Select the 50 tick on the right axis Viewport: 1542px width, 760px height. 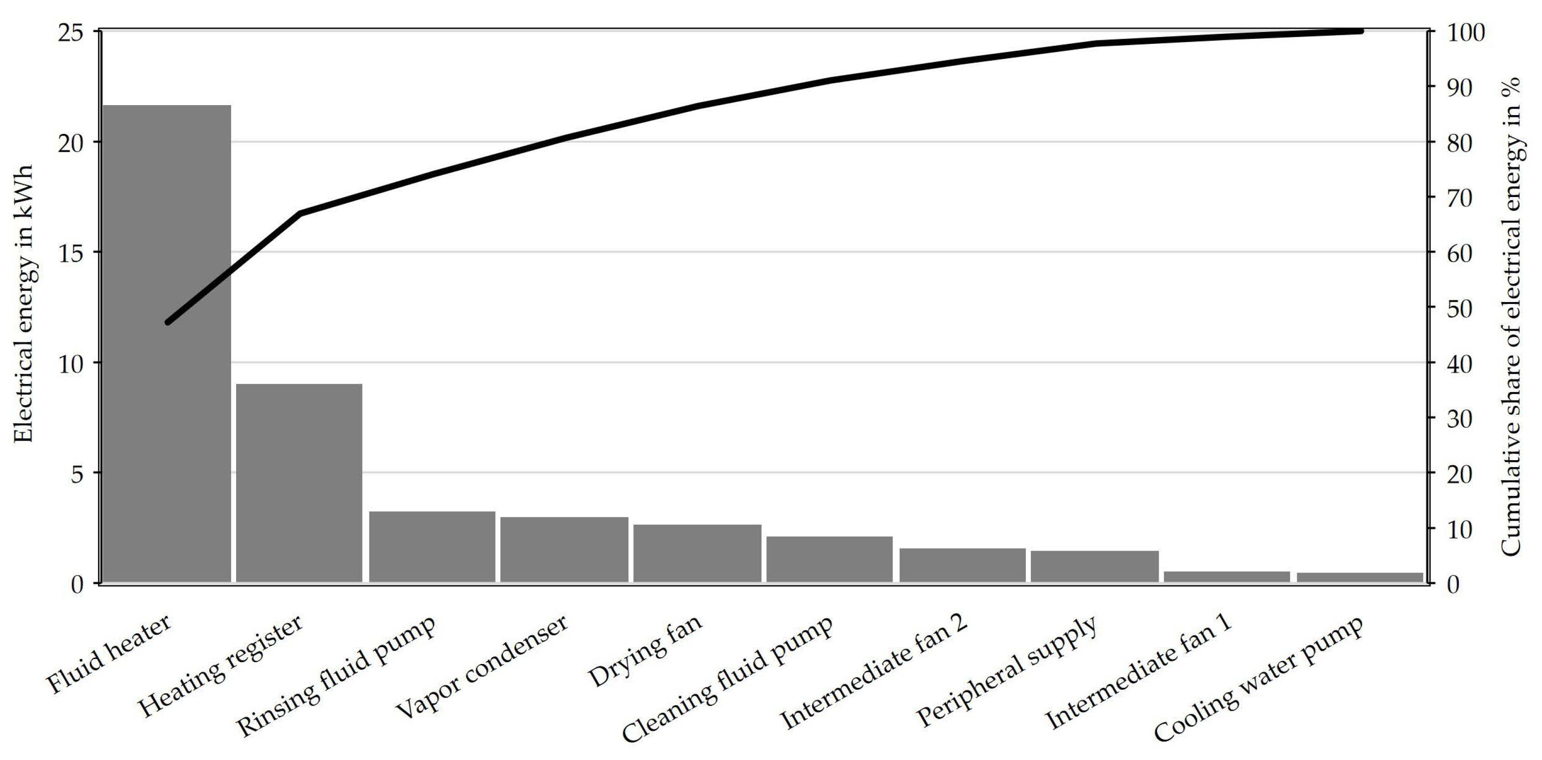tap(1459, 308)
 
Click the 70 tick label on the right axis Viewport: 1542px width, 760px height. tap(1459, 197)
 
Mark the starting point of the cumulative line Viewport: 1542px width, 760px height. tap(168, 322)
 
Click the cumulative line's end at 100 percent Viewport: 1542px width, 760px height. tap(1361, 31)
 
